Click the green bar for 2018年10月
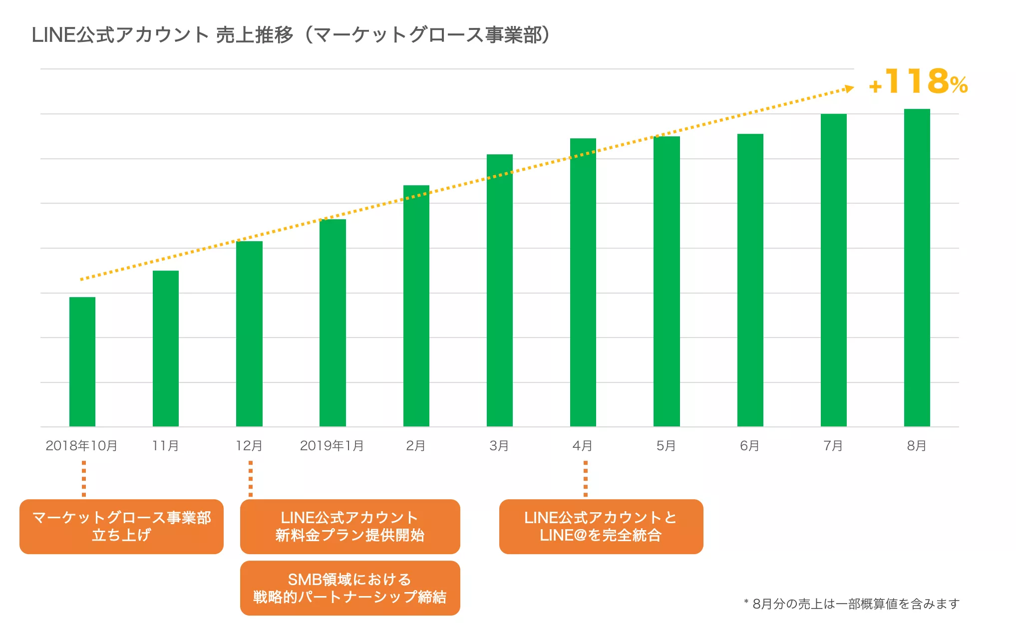82,362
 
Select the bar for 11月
166,348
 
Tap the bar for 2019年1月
333,323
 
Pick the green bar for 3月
500,291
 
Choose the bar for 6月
750,280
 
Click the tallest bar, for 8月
917,268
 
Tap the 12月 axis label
249,446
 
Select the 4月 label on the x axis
583,446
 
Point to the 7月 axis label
833,446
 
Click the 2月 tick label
416,446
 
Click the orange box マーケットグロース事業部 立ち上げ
121,527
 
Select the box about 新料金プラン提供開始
350,527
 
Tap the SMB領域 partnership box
350,588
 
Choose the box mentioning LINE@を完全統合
601,527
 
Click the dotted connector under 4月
586,479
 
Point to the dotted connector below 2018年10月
84,479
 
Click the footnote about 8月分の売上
852,604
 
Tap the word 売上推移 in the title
255,35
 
